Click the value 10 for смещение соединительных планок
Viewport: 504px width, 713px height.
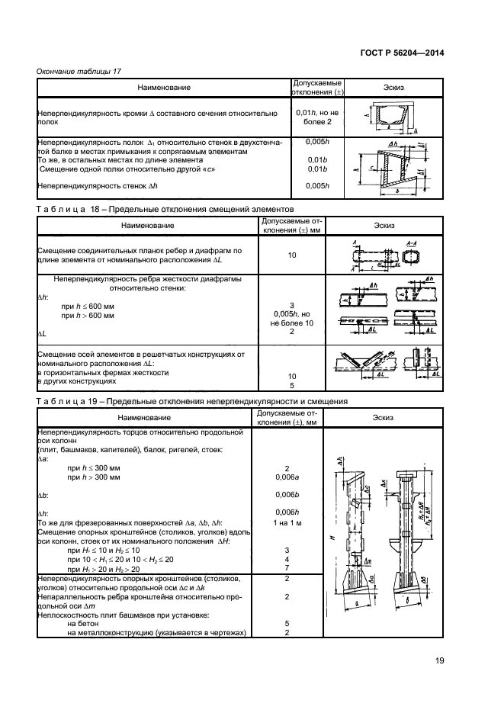pyautogui.click(x=291, y=255)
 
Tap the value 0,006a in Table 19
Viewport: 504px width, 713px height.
pyautogui.click(x=287, y=477)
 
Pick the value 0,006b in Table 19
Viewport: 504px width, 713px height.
pyautogui.click(x=287, y=494)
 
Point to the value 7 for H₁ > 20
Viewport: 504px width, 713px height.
pyautogui.click(x=287, y=568)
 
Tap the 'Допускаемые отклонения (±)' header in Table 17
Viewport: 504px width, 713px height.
pyautogui.click(x=316, y=88)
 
